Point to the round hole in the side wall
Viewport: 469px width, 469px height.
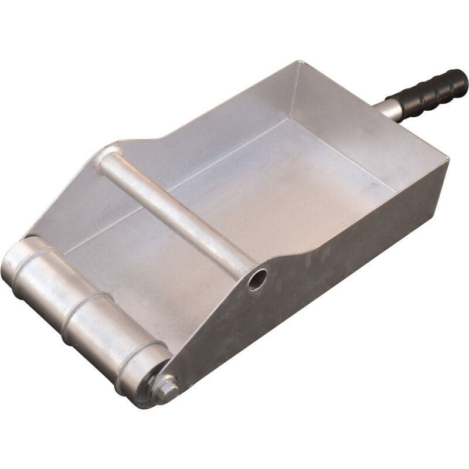256,279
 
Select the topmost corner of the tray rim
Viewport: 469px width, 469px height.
298,62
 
